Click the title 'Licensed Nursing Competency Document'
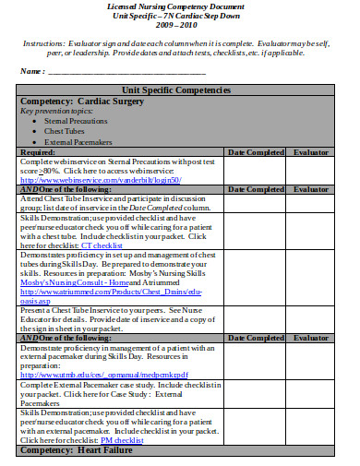[x=179, y=6]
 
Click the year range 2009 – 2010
[x=179, y=27]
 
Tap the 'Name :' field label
[x=32, y=71]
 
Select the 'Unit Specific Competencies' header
[x=179, y=89]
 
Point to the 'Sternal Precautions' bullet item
[x=78, y=120]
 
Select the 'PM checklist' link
[x=122, y=440]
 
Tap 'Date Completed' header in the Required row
[x=255, y=151]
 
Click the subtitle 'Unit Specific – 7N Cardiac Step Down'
[x=179, y=17]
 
